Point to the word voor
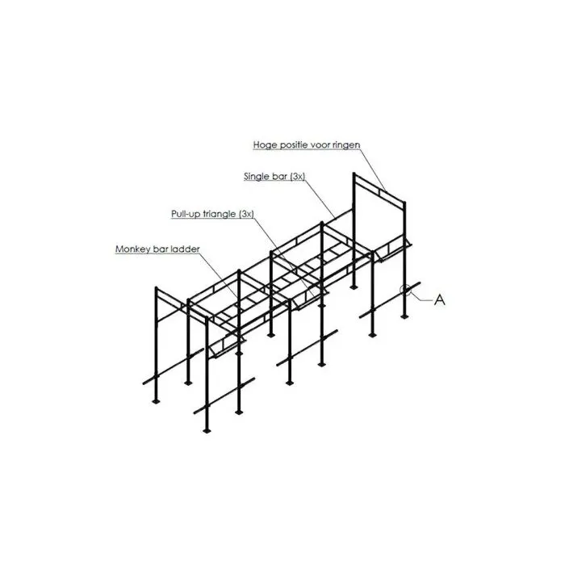pos(316,144)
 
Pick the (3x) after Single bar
pos(297,177)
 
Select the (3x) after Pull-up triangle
pos(246,214)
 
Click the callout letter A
pos(440,299)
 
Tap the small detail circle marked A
pos(406,289)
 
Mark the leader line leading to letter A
pos(421,298)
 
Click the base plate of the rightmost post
pos(404,316)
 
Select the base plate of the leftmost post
pos(156,401)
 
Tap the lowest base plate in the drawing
pos(207,430)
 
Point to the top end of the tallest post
pos(354,174)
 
